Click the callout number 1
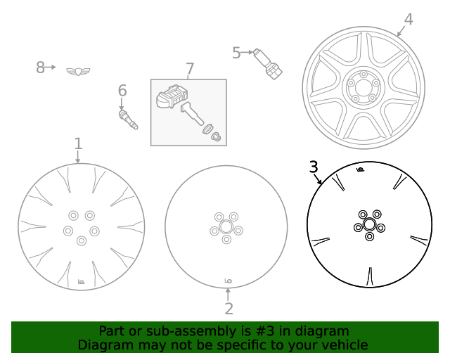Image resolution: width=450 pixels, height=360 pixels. point(78,143)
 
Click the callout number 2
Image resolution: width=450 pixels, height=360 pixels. point(229,308)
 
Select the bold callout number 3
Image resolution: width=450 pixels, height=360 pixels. point(314,167)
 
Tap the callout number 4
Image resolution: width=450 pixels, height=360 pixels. point(409,20)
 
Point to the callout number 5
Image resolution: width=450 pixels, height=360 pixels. point(237,52)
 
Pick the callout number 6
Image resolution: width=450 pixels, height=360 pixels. point(122,90)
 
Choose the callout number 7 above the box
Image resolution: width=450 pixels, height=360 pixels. point(189,68)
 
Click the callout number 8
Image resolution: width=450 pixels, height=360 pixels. point(40,67)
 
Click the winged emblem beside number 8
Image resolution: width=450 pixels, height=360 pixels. point(78,70)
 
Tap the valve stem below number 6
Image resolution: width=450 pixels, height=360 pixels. point(128,119)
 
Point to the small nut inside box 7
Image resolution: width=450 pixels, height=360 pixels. point(216,137)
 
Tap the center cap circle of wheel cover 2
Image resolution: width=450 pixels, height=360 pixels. point(226,228)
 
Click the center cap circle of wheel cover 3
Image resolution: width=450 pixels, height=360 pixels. point(369,224)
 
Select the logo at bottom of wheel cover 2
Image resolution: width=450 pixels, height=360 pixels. point(229,281)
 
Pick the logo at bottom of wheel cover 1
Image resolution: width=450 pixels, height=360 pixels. point(81,282)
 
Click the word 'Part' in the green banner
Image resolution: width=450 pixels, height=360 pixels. point(112,331)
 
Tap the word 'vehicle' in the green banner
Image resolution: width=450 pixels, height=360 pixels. point(344,345)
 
